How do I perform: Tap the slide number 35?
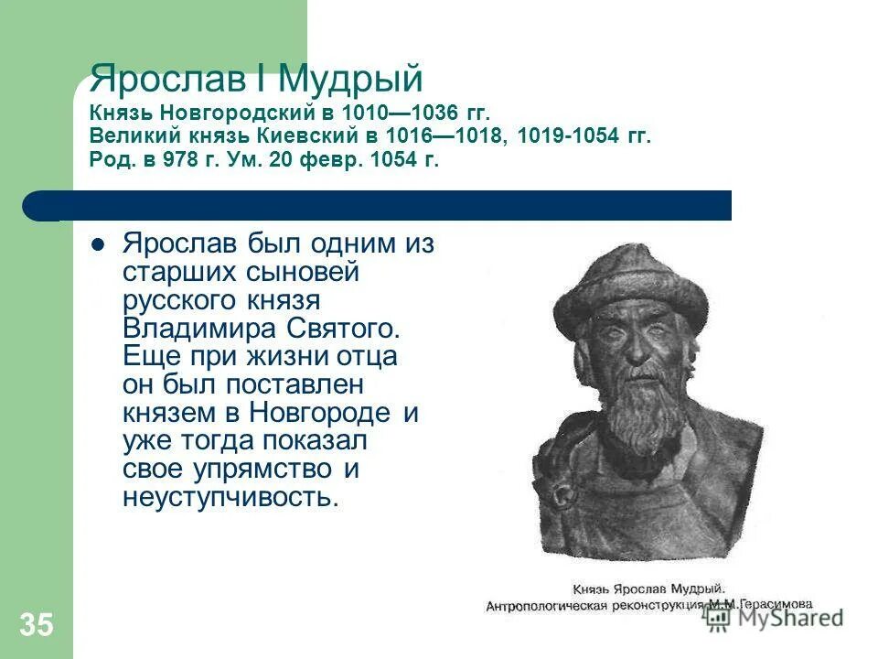(37, 625)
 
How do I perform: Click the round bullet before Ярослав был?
(99, 245)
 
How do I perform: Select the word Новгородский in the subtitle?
(230, 113)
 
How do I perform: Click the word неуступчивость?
(230, 497)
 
